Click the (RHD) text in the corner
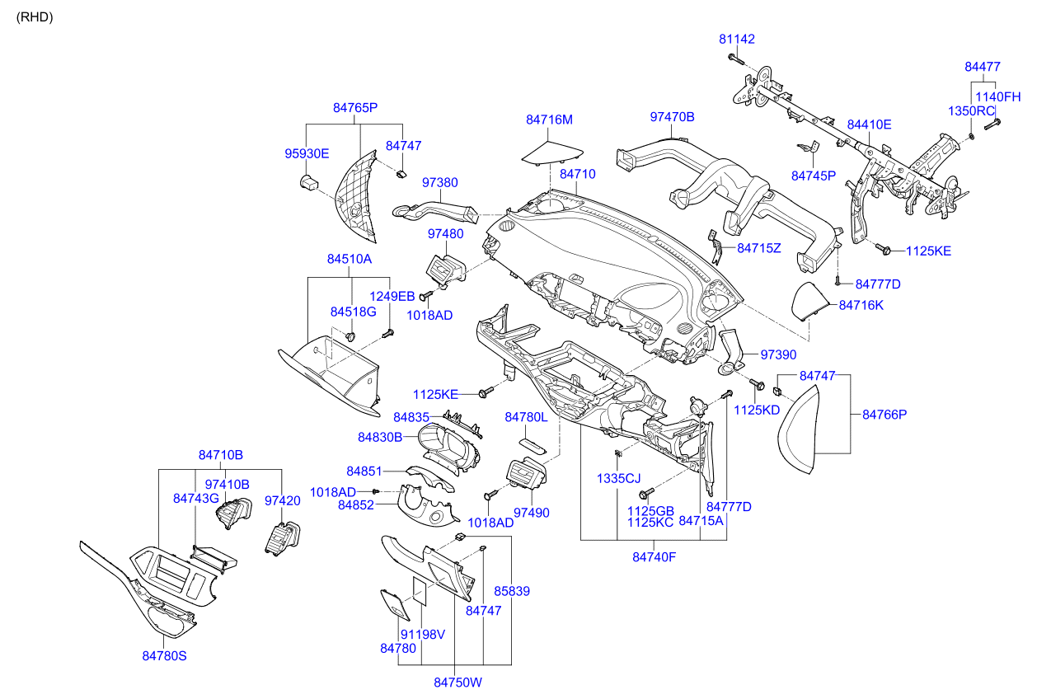(x=35, y=17)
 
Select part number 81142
(x=736, y=39)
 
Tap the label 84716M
(x=549, y=120)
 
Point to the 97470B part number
(x=672, y=117)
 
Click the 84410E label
(x=870, y=124)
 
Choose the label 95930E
(x=307, y=153)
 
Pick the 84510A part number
(x=350, y=259)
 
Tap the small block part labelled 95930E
(x=309, y=182)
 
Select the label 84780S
(x=165, y=655)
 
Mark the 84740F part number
(x=655, y=556)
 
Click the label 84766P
(x=884, y=415)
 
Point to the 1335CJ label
(x=618, y=478)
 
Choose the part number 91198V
(x=422, y=635)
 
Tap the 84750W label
(x=457, y=682)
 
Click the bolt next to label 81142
(x=735, y=59)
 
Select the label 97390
(x=778, y=354)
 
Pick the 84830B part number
(x=380, y=436)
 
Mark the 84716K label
(x=861, y=305)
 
